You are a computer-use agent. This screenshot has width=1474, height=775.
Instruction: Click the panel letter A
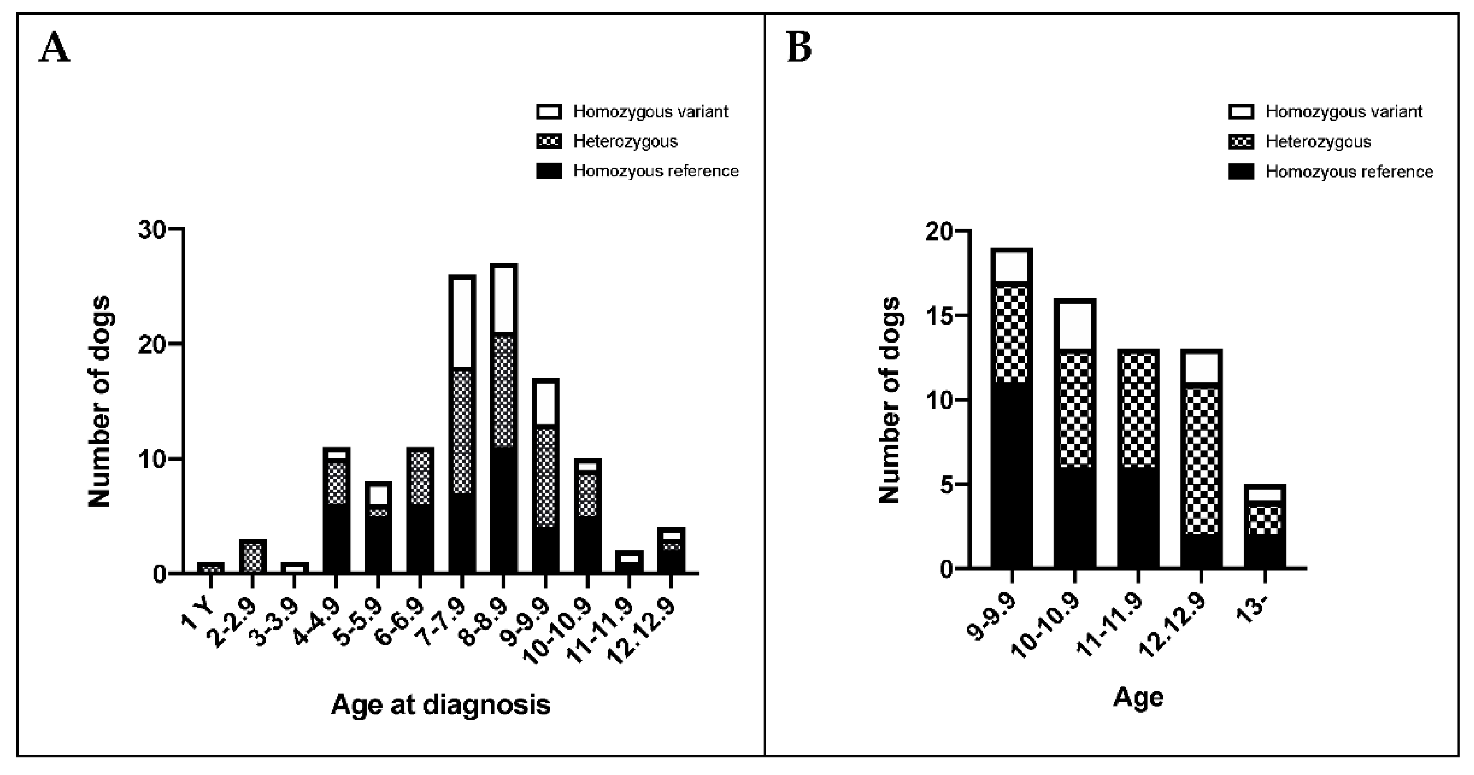click(x=54, y=48)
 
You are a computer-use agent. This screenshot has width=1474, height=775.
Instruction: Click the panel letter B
click(x=799, y=48)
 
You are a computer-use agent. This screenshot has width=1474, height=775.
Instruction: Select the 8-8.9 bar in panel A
click(x=504, y=418)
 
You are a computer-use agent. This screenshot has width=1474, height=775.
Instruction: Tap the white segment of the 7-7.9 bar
click(x=462, y=322)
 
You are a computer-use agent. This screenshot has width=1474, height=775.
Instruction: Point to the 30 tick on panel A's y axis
click(x=152, y=229)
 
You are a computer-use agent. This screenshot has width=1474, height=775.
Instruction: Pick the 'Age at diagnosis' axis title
click(x=441, y=704)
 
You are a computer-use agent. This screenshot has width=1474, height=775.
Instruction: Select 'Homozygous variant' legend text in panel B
click(x=1344, y=111)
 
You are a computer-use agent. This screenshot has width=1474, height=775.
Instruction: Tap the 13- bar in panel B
click(x=1265, y=527)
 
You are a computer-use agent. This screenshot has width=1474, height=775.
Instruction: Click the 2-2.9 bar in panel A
click(x=252, y=556)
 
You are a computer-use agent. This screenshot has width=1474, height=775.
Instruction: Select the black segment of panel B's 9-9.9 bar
click(x=1012, y=475)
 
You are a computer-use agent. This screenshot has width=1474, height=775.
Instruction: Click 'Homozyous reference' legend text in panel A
click(x=656, y=171)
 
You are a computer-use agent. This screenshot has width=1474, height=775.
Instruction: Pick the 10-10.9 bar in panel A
click(x=587, y=515)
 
